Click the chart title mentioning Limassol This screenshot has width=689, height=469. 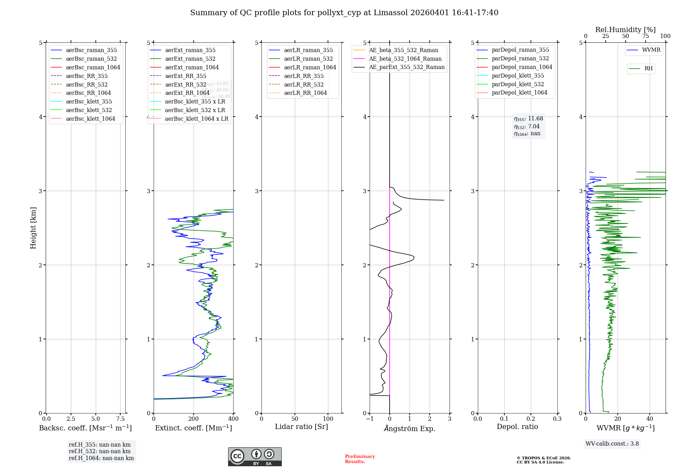(x=344, y=13)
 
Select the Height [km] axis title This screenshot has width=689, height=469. (x=33, y=228)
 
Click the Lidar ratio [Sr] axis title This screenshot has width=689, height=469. (x=301, y=427)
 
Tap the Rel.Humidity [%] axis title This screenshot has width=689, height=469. (x=625, y=30)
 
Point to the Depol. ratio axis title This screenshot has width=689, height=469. (x=517, y=427)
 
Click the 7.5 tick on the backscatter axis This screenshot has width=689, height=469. (x=120, y=419)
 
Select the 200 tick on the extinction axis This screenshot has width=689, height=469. (x=194, y=419)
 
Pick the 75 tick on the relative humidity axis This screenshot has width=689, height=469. (x=646, y=36)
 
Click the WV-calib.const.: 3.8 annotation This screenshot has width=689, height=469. (x=612, y=444)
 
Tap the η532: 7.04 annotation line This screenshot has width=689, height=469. (x=527, y=127)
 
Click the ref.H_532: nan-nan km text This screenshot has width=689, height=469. (x=100, y=451)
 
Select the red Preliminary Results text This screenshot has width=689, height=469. (x=360, y=459)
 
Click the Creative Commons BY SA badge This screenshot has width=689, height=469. (x=255, y=457)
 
